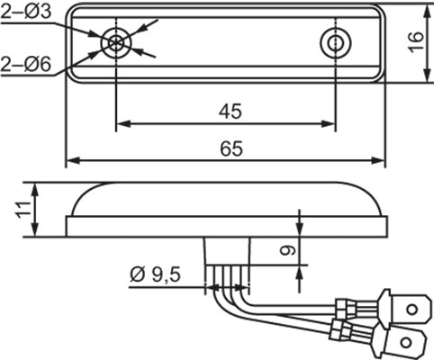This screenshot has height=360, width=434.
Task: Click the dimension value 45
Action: pyautogui.click(x=229, y=112)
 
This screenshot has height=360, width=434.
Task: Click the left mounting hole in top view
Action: pyautogui.click(x=116, y=41)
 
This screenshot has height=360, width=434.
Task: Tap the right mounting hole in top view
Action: pyautogui.click(x=335, y=42)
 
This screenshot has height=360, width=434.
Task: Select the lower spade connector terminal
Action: pyautogui.click(x=406, y=343)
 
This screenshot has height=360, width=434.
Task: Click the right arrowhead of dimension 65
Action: pyautogui.click(x=381, y=162)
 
